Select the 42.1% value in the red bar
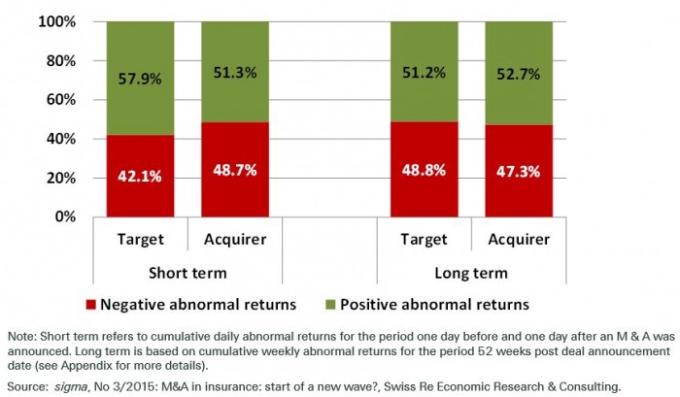pyautogui.click(x=141, y=178)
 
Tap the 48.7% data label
pyautogui.click(x=235, y=171)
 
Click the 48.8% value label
pyautogui.click(x=424, y=171)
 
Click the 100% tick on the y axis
pyautogui.click(x=61, y=21)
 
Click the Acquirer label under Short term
pyautogui.click(x=235, y=240)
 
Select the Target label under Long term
pyautogui.click(x=424, y=240)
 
